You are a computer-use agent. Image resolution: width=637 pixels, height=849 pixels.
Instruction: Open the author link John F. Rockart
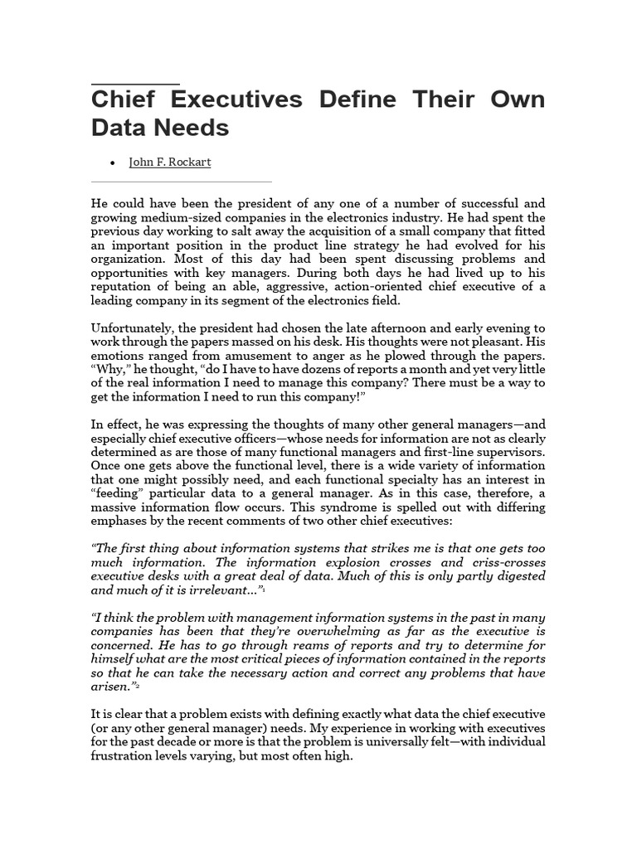(170, 163)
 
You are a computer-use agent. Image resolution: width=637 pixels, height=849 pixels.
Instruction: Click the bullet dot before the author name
(113, 163)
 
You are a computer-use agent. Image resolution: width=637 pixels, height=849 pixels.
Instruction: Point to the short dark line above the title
(135, 84)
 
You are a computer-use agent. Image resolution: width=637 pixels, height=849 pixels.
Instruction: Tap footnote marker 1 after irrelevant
(263, 589)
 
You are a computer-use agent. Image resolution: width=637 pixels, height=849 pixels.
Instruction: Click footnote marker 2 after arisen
(138, 687)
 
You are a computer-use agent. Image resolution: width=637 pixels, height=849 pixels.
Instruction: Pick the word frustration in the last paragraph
(128, 756)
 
